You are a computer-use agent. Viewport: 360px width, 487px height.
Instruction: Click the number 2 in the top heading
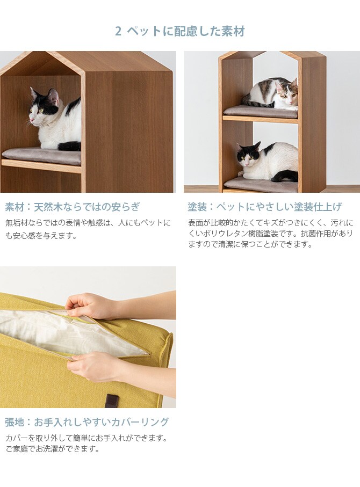(x=118, y=31)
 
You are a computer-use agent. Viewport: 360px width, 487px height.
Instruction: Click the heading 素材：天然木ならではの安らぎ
(x=72, y=207)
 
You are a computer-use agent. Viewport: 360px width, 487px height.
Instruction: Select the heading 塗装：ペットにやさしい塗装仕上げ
(x=264, y=207)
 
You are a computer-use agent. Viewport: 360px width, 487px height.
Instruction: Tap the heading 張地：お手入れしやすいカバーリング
(x=87, y=421)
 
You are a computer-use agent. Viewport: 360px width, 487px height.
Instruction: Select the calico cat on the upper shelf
(x=274, y=95)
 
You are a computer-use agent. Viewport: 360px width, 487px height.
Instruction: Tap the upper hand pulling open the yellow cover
(x=91, y=306)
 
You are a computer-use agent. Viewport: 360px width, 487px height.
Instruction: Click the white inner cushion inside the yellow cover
(x=64, y=330)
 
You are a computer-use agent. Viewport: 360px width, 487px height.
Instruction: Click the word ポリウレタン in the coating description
(x=226, y=234)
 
